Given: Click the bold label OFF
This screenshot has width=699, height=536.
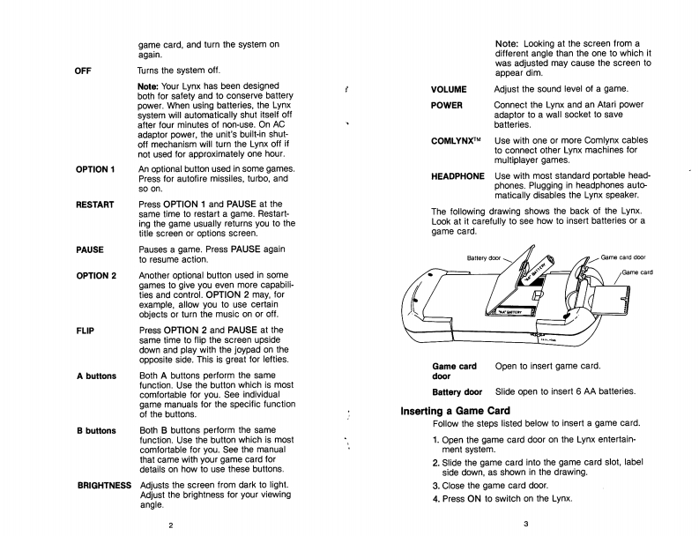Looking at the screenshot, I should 85,70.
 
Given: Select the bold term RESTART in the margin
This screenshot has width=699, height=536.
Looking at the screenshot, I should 97,205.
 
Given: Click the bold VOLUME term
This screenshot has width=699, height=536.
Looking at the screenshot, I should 449,89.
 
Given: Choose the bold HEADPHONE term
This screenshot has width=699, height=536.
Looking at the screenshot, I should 457,175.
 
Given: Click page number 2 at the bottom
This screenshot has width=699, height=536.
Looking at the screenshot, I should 171,525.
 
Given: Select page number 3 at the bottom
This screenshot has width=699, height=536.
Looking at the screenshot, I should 524,525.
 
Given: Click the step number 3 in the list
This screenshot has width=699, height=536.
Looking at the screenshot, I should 435,485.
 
